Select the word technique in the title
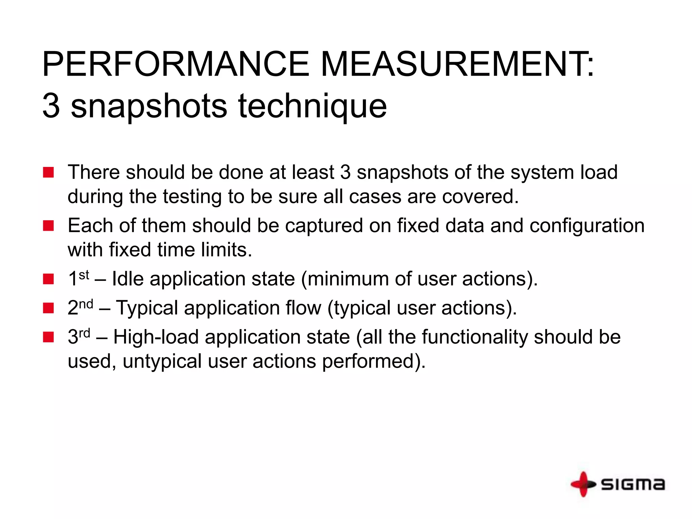(x=313, y=106)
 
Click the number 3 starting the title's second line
(x=51, y=106)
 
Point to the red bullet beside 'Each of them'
(x=48, y=226)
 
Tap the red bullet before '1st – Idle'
(x=48, y=279)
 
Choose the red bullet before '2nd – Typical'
(x=48, y=308)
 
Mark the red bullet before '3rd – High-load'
(x=48, y=337)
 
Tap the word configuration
(x=587, y=226)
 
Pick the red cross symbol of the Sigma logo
(x=583, y=484)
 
